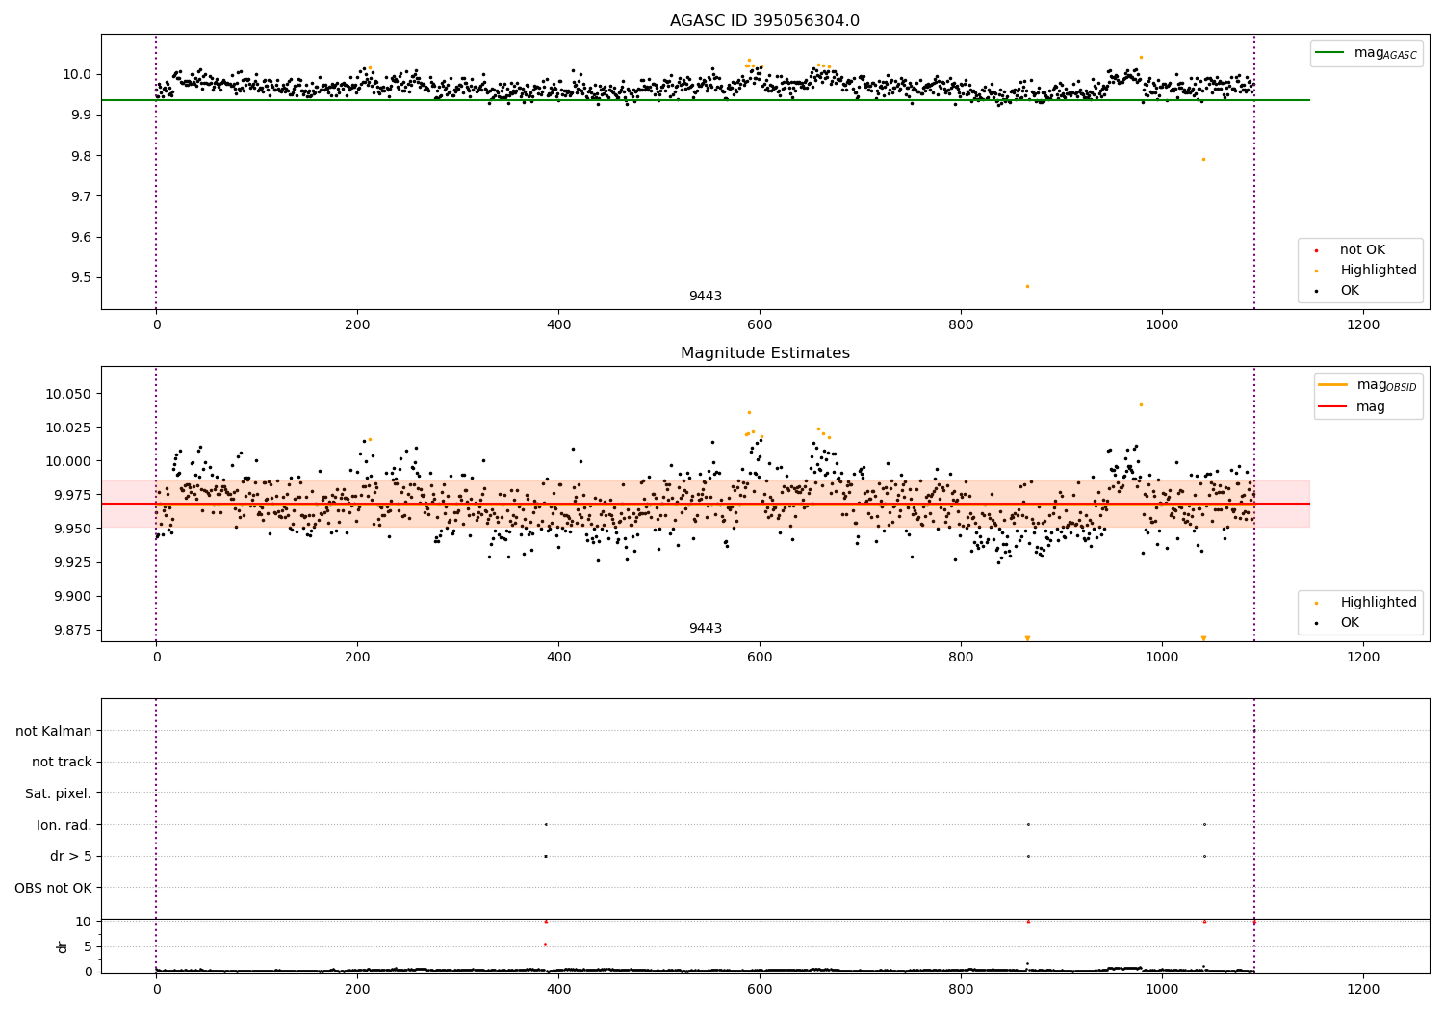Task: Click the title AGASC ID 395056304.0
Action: point(764,21)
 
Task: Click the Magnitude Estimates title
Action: point(764,353)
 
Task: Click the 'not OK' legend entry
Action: point(1361,250)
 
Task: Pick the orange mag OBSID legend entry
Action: point(1368,385)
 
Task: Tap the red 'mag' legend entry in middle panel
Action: point(1368,406)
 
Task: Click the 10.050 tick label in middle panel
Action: point(69,394)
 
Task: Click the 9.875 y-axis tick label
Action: point(69,630)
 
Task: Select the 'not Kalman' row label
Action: point(54,732)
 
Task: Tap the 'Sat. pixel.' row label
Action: point(59,794)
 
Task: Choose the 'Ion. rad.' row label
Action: point(64,825)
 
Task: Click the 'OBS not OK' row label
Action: point(54,888)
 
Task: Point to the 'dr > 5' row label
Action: point(71,856)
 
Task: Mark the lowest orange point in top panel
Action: point(1027,286)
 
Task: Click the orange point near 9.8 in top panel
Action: point(1203,159)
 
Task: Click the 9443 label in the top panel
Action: point(705,297)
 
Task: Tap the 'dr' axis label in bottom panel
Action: point(63,946)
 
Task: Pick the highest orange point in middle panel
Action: point(1141,404)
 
